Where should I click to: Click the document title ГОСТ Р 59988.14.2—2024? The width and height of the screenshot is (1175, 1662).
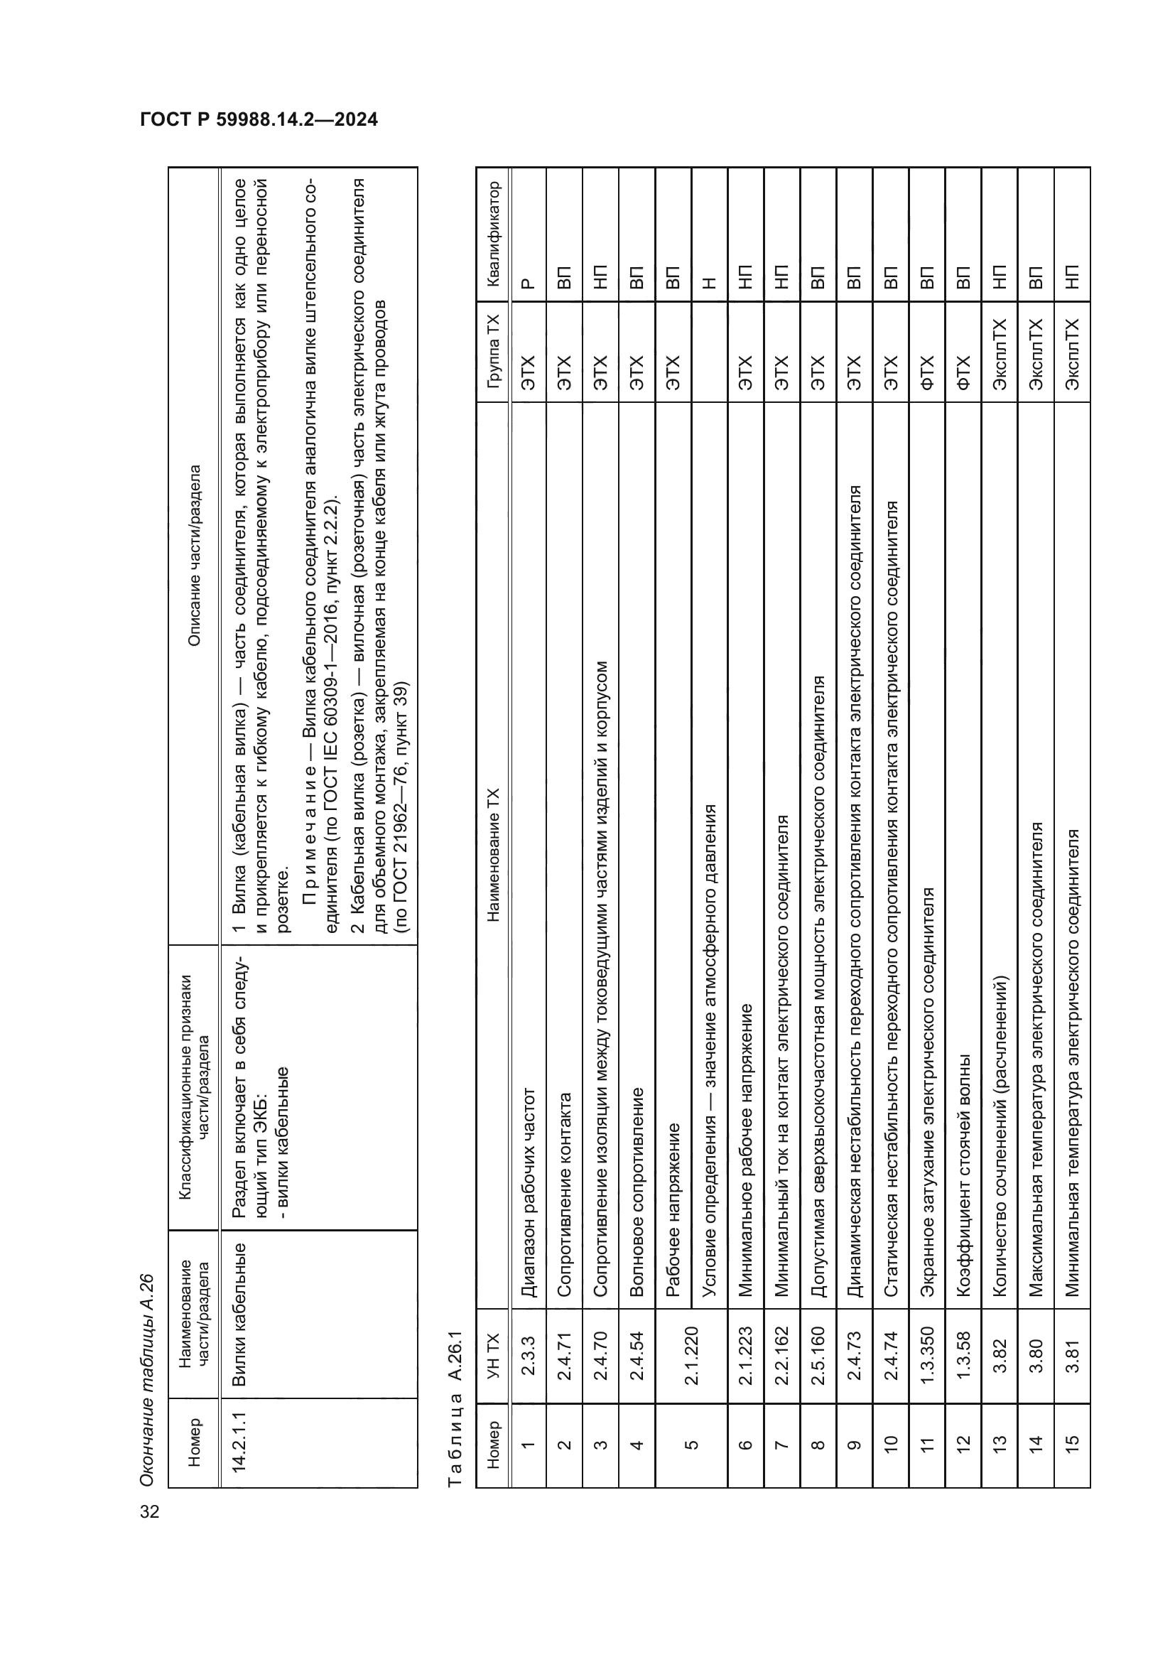point(259,120)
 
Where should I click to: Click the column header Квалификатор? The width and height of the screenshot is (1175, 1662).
point(494,234)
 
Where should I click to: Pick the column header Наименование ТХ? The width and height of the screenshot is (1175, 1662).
point(494,855)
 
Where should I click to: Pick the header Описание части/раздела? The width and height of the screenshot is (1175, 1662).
point(194,555)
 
